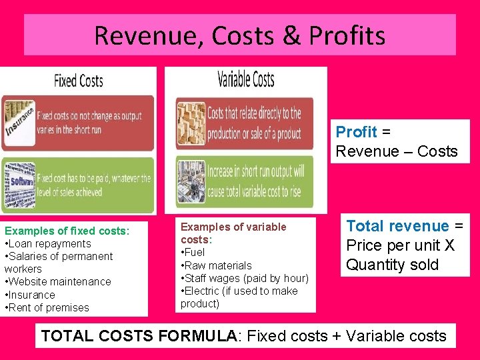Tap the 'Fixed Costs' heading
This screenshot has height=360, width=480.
click(79, 81)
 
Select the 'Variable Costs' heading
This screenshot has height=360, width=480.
click(246, 80)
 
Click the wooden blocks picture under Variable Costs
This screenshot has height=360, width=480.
click(191, 124)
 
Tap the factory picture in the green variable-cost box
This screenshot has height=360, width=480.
click(191, 180)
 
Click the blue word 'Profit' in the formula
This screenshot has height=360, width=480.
click(356, 132)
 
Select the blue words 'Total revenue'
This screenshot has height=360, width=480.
click(397, 227)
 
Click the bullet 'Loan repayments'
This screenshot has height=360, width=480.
click(50, 243)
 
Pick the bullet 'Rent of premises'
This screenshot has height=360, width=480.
click(49, 307)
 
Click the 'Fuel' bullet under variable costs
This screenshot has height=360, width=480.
click(194, 252)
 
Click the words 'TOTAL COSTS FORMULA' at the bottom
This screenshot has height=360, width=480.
click(139, 336)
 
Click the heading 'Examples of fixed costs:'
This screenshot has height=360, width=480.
click(67, 231)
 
